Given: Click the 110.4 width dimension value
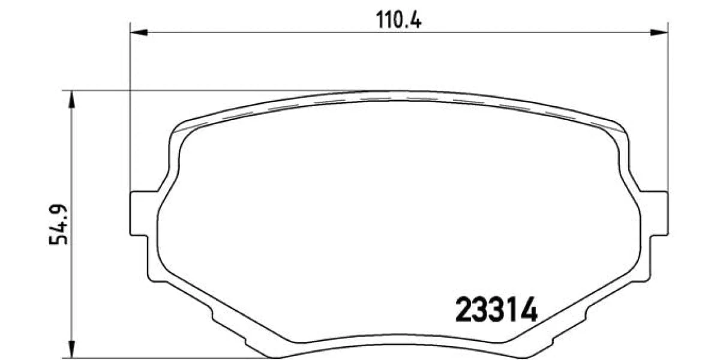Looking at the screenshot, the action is (398, 20).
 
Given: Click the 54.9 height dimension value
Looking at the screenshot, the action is (59, 224).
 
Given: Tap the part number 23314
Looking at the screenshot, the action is (496, 310).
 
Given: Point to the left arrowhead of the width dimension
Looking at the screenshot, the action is (139, 32).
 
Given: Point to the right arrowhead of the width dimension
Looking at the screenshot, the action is (659, 32).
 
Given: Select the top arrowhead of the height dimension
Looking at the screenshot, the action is (72, 100).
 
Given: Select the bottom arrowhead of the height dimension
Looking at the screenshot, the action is (72, 349).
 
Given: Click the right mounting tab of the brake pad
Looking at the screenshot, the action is (654, 214).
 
